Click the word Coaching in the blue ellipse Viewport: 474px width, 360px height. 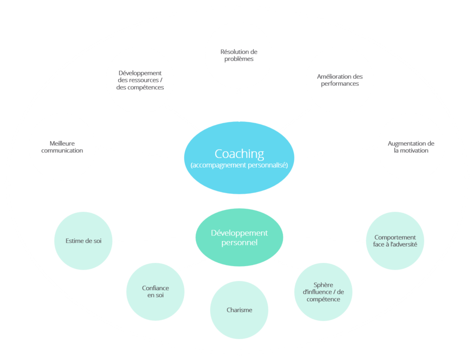pyautogui.click(x=239, y=153)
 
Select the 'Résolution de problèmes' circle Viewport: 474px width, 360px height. pyautogui.click(x=238, y=56)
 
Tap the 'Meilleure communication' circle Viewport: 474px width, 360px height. pyautogui.click(x=62, y=147)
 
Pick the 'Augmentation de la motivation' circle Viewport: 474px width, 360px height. pyautogui.click(x=411, y=147)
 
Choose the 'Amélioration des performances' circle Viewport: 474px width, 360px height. pyautogui.click(x=340, y=80)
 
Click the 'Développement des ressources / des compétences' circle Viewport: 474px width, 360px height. pyautogui.click(x=140, y=80)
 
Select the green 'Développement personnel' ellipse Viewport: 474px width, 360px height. pyautogui.click(x=239, y=237)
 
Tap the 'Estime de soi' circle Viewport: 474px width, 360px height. pyautogui.click(x=83, y=241)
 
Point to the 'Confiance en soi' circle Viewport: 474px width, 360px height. pyautogui.click(x=155, y=292)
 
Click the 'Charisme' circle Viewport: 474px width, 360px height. pyautogui.click(x=239, y=310)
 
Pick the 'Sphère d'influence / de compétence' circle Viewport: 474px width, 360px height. pyautogui.click(x=323, y=292)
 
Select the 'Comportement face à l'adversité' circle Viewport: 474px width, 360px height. pyautogui.click(x=395, y=241)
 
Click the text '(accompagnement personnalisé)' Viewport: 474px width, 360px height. pyautogui.click(x=239, y=165)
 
